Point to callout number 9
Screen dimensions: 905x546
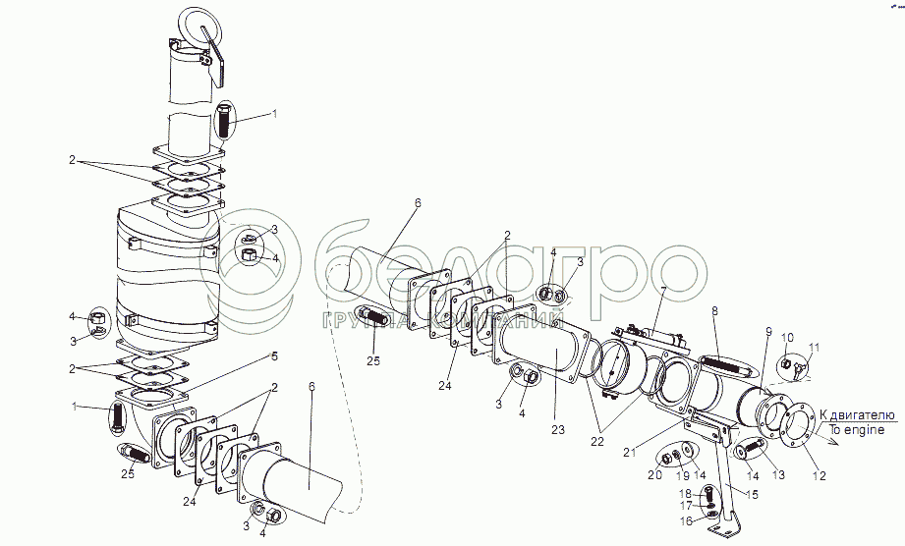pyautogui.click(x=768, y=331)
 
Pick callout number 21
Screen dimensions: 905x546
pyautogui.click(x=629, y=454)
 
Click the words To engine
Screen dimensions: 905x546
pyautogui.click(x=855, y=430)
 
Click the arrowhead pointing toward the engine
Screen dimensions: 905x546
pyautogui.click(x=835, y=442)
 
